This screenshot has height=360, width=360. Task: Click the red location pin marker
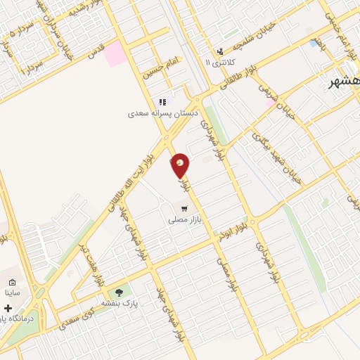[181, 165]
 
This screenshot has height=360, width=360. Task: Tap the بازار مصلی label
[185, 220]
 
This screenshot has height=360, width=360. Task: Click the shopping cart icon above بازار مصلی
[184, 209]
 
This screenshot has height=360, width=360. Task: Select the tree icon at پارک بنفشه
[119, 292]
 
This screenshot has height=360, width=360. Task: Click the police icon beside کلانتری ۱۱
[221, 51]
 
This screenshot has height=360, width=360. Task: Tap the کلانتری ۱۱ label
[218, 62]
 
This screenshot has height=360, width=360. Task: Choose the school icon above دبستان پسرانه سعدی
[162, 102]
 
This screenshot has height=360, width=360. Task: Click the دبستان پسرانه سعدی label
[163, 113]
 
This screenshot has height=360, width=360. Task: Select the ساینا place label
[13, 291]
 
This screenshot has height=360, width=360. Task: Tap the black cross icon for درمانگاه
[8, 308]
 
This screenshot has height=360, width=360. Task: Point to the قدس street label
[96, 48]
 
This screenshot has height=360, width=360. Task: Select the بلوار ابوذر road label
[236, 229]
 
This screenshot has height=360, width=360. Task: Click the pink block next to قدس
[115, 54]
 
